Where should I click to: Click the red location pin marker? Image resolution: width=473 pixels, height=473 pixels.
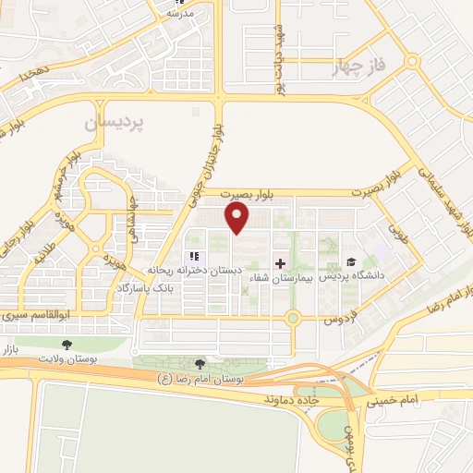coord(238,217)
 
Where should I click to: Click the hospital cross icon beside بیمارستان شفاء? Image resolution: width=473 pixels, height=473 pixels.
coord(280,263)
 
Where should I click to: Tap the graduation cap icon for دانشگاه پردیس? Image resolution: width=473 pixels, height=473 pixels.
coord(350,262)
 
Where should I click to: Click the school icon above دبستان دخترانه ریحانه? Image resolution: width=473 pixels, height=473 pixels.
coord(194,256)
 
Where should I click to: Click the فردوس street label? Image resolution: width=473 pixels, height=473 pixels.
coord(339,319)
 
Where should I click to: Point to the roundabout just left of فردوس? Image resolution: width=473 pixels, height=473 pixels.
coord(294,320)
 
